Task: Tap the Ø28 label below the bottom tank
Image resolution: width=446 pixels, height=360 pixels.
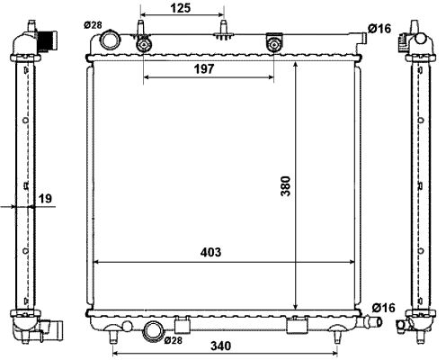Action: coord(174,340)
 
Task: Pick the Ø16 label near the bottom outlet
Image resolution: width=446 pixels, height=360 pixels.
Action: coord(383,308)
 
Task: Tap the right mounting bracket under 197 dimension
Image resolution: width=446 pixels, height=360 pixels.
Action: coord(274,44)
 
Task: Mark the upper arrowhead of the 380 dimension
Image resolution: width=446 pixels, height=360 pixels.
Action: coord(296,68)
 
